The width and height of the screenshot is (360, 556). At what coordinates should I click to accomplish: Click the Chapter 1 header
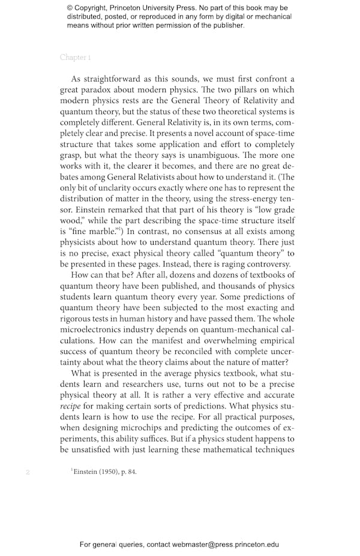pyautogui.click(x=75, y=58)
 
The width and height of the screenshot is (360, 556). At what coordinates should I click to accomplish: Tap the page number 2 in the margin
pyautogui.click(x=28, y=472)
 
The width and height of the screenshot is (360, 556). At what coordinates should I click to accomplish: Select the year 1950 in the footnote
pyautogui.click(x=108, y=471)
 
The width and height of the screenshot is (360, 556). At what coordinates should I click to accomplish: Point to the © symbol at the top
pyautogui.click(x=70, y=8)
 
